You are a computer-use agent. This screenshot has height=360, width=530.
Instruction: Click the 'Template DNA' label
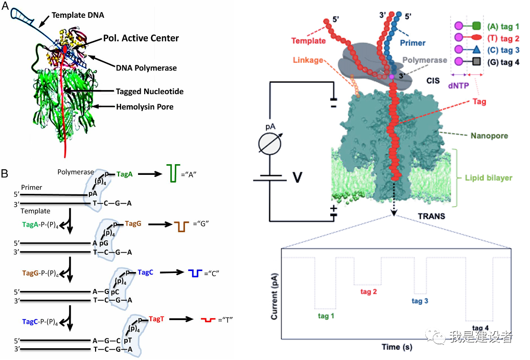pyautogui.click(x=78, y=15)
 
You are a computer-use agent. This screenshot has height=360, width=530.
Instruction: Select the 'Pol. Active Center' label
pyautogui.click(x=141, y=38)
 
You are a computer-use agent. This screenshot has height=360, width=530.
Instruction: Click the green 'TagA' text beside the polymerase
pyautogui.click(x=124, y=174)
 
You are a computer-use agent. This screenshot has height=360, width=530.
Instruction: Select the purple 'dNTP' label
pyautogui.click(x=458, y=85)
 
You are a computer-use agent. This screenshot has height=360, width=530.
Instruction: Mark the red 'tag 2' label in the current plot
pyautogui.click(x=368, y=291)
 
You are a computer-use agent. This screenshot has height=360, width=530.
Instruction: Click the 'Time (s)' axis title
pyautogui.click(x=397, y=347)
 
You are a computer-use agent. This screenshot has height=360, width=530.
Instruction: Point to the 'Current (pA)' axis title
pyautogui.click(x=274, y=296)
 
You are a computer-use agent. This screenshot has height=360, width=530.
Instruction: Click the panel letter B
pyautogui.click(x=5, y=173)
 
